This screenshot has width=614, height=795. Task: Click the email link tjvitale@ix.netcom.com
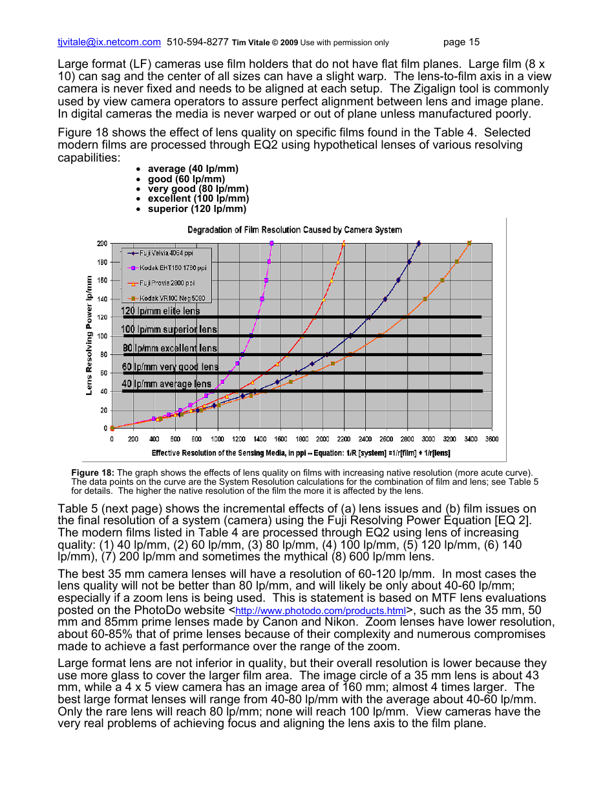109,42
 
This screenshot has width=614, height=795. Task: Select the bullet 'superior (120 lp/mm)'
196,209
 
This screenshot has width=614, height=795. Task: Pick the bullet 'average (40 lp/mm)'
193,169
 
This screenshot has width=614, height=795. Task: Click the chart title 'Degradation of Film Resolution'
294,229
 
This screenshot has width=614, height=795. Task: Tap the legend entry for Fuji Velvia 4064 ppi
165,253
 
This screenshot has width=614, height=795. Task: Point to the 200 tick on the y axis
103,244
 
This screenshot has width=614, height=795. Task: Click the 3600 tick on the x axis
492,439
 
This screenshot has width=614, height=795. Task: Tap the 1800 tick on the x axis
302,439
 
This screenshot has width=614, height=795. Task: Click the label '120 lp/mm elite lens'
161,311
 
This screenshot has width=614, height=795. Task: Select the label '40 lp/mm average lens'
167,384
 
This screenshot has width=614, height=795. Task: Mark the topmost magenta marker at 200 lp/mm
271,243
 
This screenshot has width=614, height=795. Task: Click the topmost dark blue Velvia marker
419,244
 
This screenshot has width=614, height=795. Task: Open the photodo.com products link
321,611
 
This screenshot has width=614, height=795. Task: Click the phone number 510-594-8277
197,42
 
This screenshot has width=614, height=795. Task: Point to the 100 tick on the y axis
103,336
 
